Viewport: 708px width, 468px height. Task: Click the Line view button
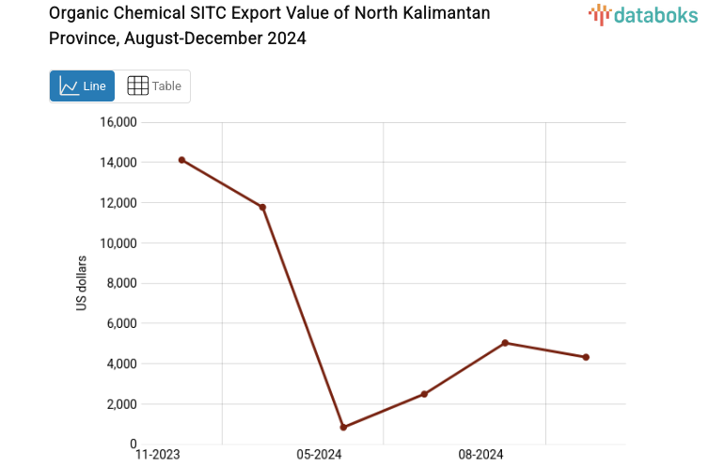coord(82,86)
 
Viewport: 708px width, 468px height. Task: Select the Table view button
coord(153,86)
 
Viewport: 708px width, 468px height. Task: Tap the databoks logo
coord(643,14)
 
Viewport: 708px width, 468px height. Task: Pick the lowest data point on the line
coord(343,428)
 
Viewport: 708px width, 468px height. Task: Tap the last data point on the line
coord(586,357)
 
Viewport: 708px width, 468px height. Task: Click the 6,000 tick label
coord(121,323)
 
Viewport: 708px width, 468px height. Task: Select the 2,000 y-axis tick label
coord(121,404)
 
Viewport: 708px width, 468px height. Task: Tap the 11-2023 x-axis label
coord(157,455)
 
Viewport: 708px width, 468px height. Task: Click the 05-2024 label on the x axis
coord(319,455)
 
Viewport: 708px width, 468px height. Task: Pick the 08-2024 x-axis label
coord(480,455)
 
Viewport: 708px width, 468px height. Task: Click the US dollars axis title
coord(82,283)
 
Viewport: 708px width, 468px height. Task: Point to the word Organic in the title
coord(77,14)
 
